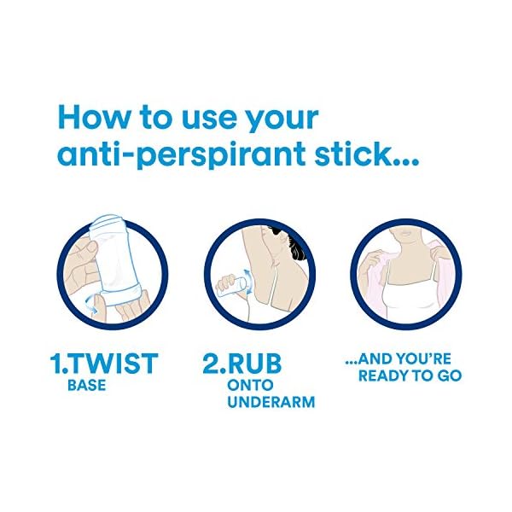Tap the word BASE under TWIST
[x=86, y=385]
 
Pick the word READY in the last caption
[x=385, y=375]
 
